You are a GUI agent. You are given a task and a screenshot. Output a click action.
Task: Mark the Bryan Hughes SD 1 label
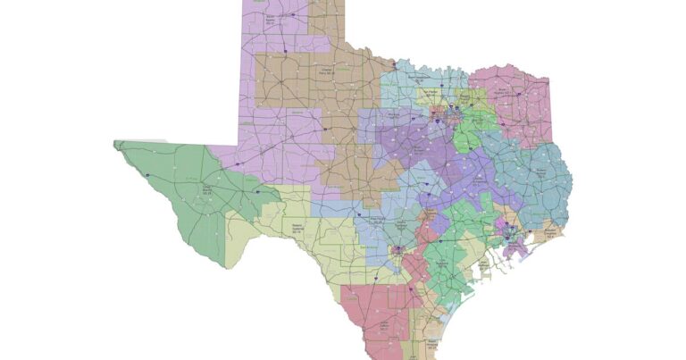(x=506, y=91)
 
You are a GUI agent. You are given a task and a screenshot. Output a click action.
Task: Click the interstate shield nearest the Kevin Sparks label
(x=285, y=51)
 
